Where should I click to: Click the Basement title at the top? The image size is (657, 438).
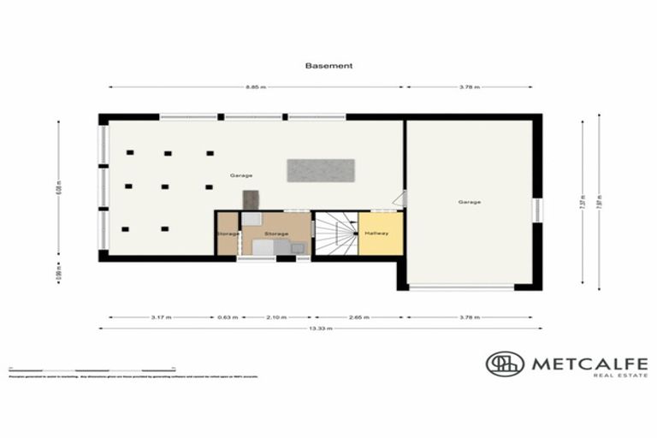[328, 65]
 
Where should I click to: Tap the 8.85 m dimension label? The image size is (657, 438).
[256, 87]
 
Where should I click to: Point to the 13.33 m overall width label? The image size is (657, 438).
[321, 328]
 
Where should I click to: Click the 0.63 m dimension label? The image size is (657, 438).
[227, 317]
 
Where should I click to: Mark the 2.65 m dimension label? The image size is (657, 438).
[359, 317]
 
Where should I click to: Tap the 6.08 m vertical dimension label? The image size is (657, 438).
[59, 188]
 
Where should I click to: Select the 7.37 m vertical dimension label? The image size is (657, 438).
[583, 203]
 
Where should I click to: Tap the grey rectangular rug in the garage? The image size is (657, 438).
[321, 169]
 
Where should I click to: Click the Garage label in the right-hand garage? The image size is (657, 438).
[469, 202]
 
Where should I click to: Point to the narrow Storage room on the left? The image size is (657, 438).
[227, 234]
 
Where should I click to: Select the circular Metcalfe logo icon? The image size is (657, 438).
[505, 364]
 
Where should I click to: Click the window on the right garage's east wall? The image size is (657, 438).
[538, 209]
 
